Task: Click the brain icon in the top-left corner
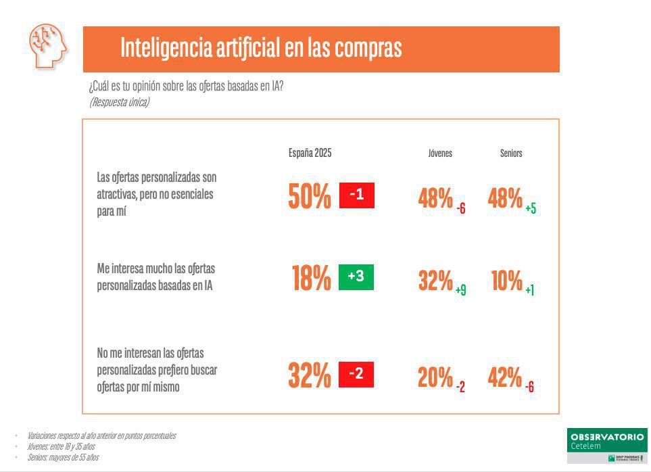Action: click(x=48, y=45)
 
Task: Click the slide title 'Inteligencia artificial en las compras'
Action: click(x=260, y=48)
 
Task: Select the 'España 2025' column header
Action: click(x=310, y=153)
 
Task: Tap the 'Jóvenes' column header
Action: click(x=440, y=154)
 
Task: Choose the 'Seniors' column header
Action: click(x=511, y=154)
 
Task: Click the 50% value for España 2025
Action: click(x=310, y=197)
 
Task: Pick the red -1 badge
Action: click(x=356, y=195)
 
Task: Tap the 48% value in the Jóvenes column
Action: click(x=435, y=199)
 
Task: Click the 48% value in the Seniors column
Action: click(x=505, y=199)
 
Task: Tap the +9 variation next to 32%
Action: click(x=460, y=290)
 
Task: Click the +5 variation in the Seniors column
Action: click(x=531, y=209)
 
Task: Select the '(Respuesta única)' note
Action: click(x=119, y=102)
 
